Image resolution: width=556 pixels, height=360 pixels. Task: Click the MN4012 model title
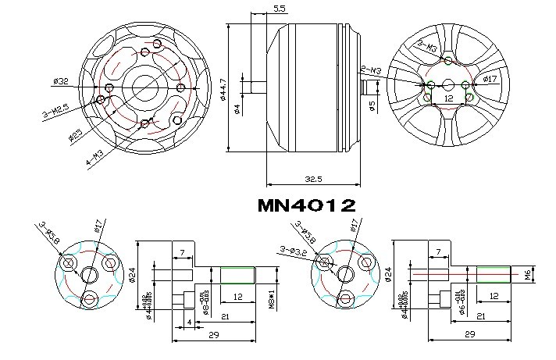pos(306,206)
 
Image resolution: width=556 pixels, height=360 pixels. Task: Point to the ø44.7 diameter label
pos(223,87)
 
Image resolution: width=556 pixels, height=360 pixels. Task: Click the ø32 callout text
pos(62,80)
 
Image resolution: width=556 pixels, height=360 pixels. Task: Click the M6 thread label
pos(528,275)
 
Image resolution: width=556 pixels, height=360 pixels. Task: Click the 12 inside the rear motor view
pos(448,98)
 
